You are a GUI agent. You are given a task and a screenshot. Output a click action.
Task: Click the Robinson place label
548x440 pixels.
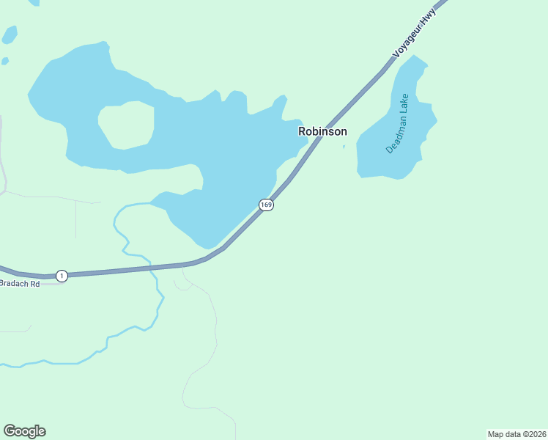coord(322,131)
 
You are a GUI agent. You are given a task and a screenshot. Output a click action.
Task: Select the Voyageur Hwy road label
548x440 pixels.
coord(415,33)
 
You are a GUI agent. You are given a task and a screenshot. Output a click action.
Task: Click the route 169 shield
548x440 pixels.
coord(266,205)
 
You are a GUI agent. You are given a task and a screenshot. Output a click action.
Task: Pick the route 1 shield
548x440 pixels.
coord(62,276)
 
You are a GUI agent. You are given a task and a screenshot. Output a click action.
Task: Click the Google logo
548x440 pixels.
coord(24,431)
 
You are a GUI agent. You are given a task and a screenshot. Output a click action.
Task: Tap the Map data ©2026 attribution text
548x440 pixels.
coord(516,434)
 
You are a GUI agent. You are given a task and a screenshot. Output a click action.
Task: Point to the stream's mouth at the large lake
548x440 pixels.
coord(151,203)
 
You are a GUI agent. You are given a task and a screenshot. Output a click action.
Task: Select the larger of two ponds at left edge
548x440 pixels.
coord(10,34)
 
